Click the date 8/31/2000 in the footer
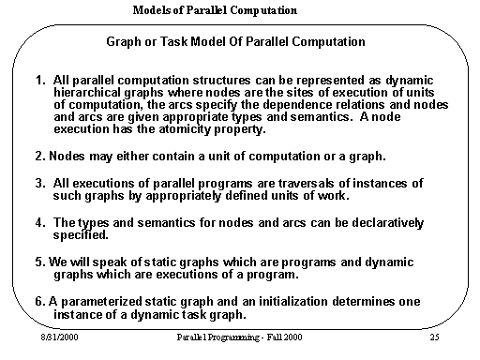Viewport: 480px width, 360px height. pos(59,336)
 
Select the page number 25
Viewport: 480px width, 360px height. pos(432,336)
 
